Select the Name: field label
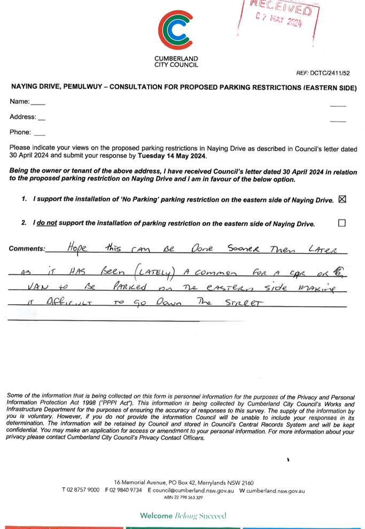click(x=19, y=102)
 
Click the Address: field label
click(x=23, y=116)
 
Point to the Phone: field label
click(x=20, y=132)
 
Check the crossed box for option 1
click(x=343, y=199)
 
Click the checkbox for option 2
click(x=342, y=222)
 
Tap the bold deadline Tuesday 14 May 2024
click(x=172, y=157)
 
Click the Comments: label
click(x=26, y=249)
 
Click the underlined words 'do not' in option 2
click(x=47, y=223)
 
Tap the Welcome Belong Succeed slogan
click(x=183, y=516)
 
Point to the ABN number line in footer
click(x=183, y=497)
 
